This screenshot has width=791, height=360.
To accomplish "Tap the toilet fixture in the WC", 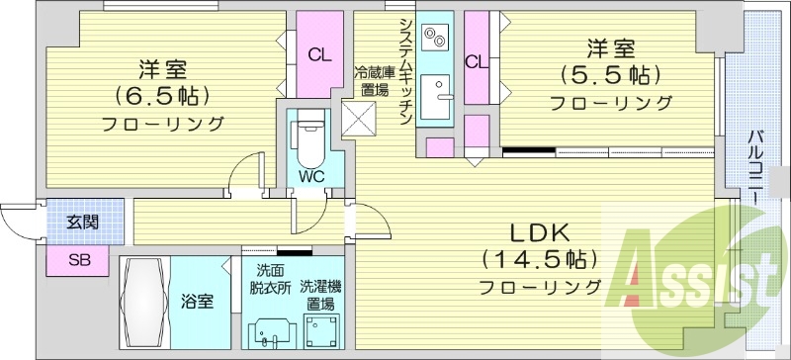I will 308,138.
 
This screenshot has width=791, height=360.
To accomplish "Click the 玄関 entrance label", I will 82,223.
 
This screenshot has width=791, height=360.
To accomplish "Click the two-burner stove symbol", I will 435,40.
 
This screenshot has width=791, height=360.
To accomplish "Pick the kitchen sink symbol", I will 435,99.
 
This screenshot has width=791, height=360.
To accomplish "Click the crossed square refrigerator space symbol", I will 357,120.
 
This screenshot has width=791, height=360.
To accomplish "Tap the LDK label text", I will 540,233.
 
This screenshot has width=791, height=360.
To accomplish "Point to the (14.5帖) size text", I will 540,260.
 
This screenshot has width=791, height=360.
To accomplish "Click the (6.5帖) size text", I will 162,97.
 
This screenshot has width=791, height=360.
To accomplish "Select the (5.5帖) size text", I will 610,75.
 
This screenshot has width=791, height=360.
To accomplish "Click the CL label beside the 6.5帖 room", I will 318,54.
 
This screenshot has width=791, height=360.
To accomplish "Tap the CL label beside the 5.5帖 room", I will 476,61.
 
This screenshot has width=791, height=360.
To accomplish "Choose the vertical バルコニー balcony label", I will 755,167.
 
